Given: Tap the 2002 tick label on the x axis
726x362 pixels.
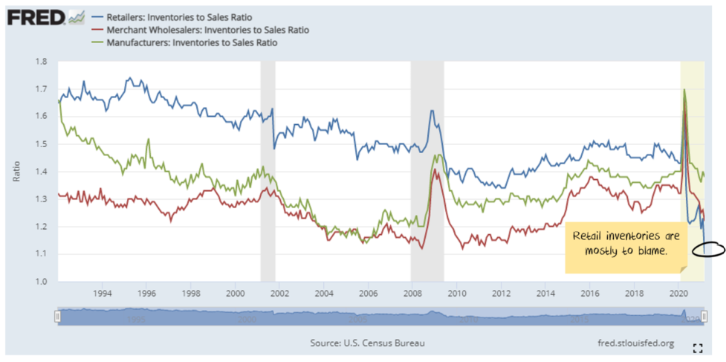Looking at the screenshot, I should (279, 293).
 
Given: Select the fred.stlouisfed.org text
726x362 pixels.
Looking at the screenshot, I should (636, 343).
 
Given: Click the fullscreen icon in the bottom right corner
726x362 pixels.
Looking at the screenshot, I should (698, 347).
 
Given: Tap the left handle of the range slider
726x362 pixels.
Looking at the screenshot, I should (57, 317).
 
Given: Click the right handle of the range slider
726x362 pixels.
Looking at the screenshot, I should (704, 317).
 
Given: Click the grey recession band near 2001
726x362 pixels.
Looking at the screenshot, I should (268, 171).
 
